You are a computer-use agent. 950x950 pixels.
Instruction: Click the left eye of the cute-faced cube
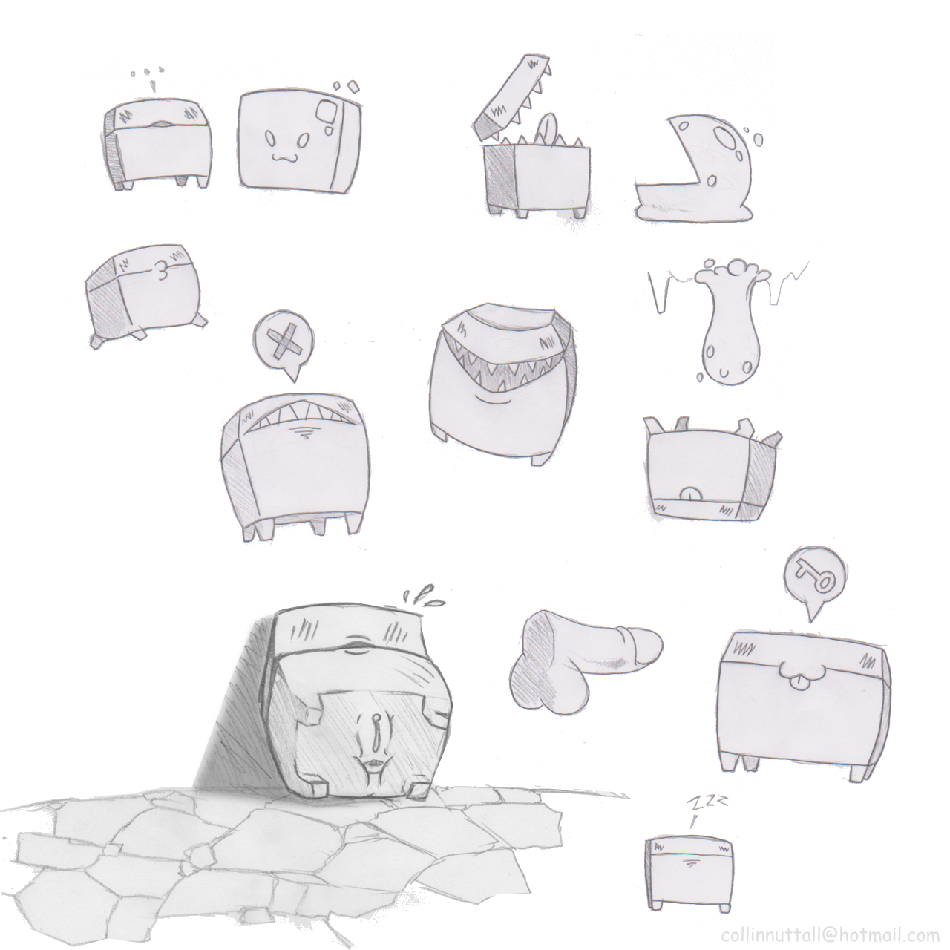[269, 140]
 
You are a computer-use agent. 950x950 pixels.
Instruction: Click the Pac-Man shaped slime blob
[695, 170]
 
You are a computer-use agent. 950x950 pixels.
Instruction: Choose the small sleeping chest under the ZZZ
[689, 869]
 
